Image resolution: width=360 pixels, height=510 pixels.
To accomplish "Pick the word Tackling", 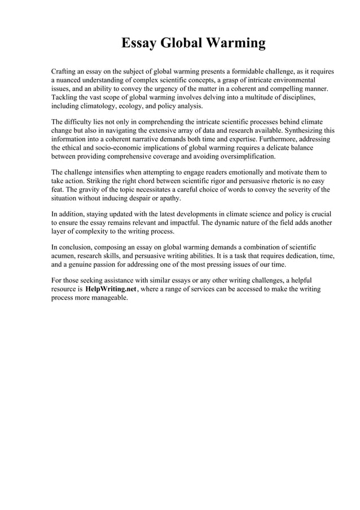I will coord(65,97).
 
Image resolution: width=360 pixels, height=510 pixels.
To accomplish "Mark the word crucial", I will coord(319,213).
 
